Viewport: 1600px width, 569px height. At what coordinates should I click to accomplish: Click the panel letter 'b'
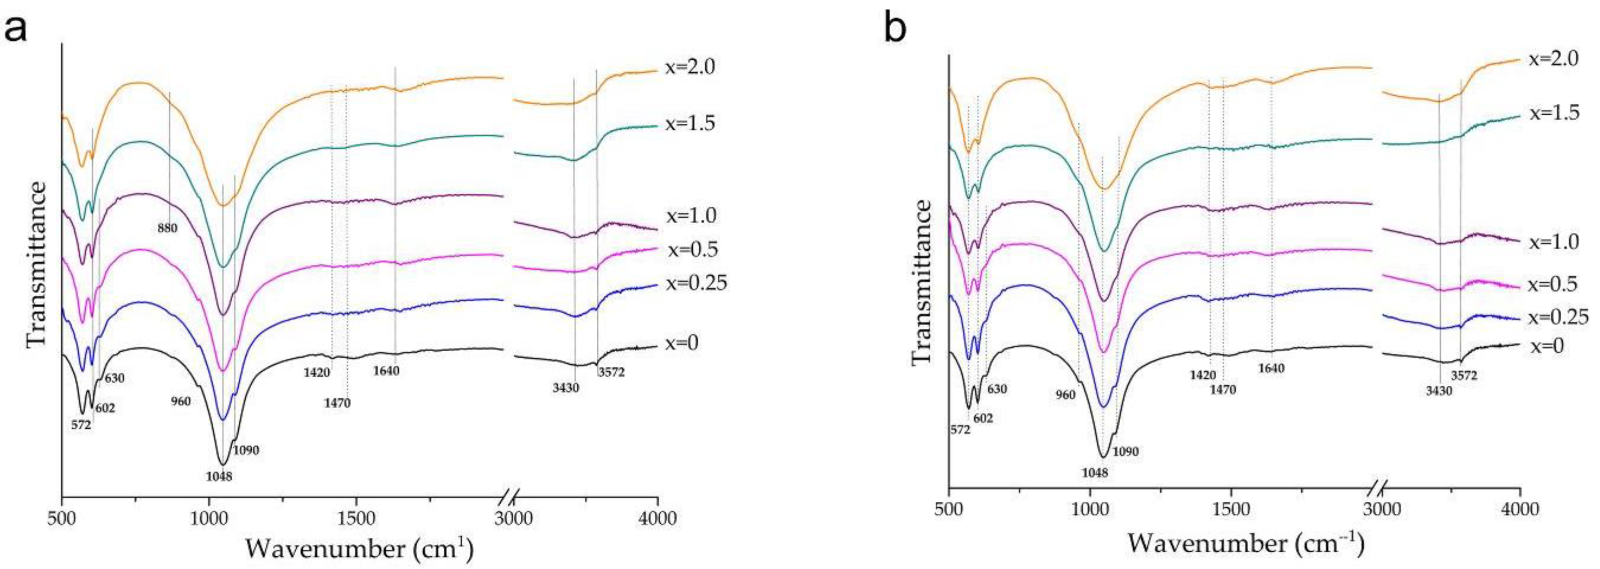(895, 29)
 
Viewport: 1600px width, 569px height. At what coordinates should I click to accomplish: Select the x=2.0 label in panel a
(690, 84)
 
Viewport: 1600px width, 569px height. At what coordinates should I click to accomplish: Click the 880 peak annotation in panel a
(167, 228)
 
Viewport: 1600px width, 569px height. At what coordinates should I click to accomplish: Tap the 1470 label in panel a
(337, 403)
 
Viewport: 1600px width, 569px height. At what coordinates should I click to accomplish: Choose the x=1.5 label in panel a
(690, 124)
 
